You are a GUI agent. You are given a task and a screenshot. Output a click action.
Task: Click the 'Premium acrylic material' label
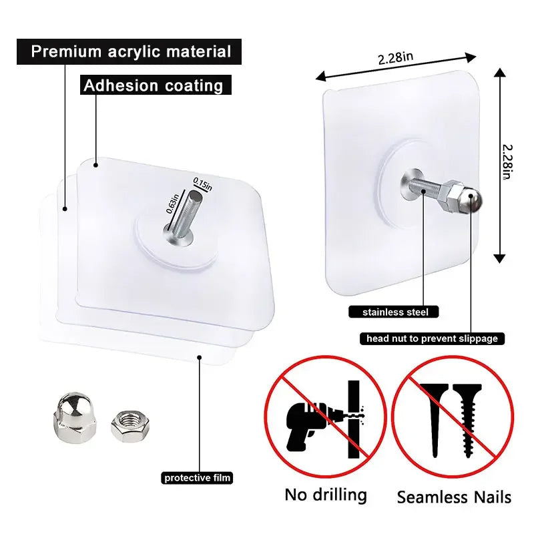(131, 51)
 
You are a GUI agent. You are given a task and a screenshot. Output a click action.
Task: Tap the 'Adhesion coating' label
(153, 85)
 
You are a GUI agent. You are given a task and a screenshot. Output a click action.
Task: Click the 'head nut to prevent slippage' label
(432, 338)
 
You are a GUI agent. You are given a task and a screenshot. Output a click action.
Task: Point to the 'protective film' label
(198, 477)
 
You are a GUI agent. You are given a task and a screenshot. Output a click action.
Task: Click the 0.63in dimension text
(173, 203)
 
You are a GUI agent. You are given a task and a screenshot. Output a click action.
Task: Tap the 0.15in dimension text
(202, 183)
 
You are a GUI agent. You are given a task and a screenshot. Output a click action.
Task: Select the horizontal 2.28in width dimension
(394, 58)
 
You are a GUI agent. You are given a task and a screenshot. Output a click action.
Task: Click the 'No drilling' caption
(326, 495)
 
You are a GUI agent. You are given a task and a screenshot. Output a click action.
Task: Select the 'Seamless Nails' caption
(454, 497)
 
